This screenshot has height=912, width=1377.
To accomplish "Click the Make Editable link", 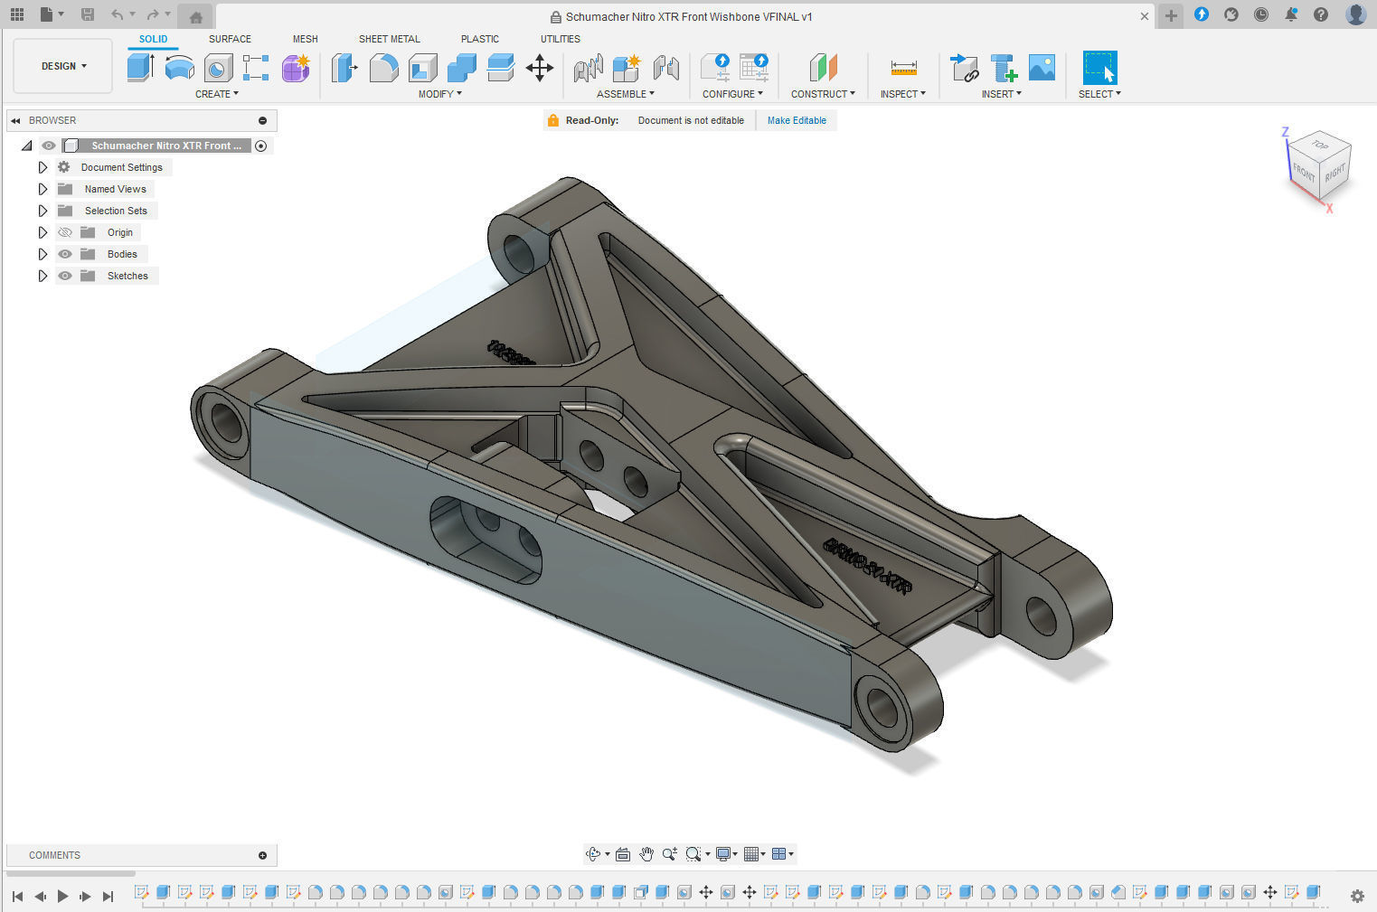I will point(796,120).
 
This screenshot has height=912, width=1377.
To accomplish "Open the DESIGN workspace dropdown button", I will point(63,66).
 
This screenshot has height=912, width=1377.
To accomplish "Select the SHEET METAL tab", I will point(389,39).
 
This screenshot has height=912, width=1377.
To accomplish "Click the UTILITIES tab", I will point(560,39).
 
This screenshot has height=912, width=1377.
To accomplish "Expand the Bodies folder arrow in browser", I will point(42,254).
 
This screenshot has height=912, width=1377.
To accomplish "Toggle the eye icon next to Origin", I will point(65,232).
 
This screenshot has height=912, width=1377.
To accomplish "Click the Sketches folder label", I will point(127,276).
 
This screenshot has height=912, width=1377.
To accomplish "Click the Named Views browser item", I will point(115,189).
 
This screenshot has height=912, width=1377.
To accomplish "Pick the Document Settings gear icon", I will point(64,167).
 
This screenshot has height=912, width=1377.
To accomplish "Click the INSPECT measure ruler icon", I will point(903,68).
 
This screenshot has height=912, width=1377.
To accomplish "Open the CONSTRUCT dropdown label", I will point(822,94).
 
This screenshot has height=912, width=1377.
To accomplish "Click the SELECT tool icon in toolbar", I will point(1099,68).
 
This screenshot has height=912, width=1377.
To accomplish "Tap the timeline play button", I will point(62,896).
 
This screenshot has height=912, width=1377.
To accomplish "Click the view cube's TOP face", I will point(1320,145).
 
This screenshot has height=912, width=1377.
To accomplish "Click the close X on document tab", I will point(1144,16).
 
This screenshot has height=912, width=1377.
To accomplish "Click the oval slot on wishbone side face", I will point(486,538).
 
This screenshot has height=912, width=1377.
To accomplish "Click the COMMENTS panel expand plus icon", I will point(262,855).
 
